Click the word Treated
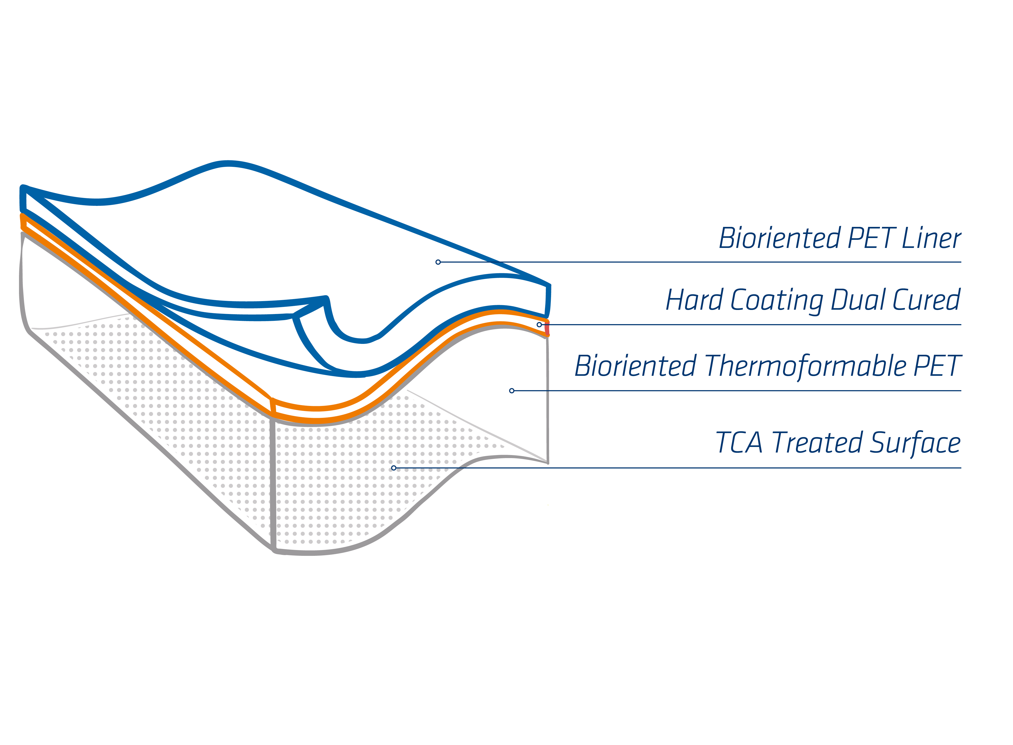click(x=817, y=443)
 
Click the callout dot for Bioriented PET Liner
click(x=438, y=262)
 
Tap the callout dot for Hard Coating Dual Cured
click(x=539, y=325)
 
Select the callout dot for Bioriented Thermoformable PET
click(x=512, y=390)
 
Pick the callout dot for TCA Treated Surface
click(x=394, y=468)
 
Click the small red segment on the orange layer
click(x=547, y=329)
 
